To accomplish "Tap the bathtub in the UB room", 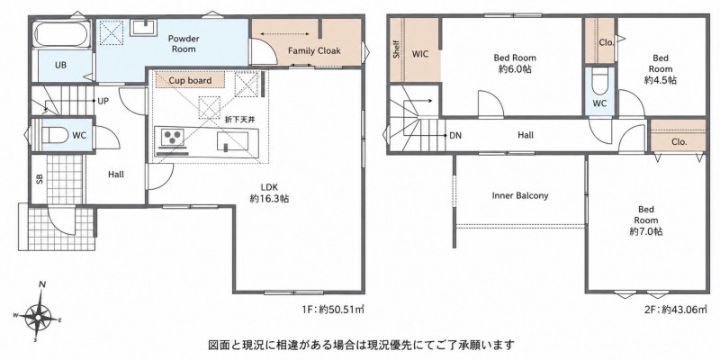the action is pyautogui.click(x=61, y=34).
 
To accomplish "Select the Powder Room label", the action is pyautogui.click(x=184, y=43).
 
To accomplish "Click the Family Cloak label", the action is pyautogui.click(x=314, y=50).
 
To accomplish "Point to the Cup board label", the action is pyautogui.click(x=190, y=81).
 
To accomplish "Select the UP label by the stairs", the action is pyautogui.click(x=103, y=101).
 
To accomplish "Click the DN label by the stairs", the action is pyautogui.click(x=455, y=136).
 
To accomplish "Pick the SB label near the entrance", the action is pyautogui.click(x=40, y=179).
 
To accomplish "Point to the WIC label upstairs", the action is pyautogui.click(x=420, y=54).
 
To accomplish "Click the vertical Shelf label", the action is pyautogui.click(x=396, y=49).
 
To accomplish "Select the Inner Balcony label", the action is pyautogui.click(x=520, y=195).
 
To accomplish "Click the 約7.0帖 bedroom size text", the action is pyautogui.click(x=645, y=231).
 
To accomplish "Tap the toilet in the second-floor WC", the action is pyautogui.click(x=599, y=82).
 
